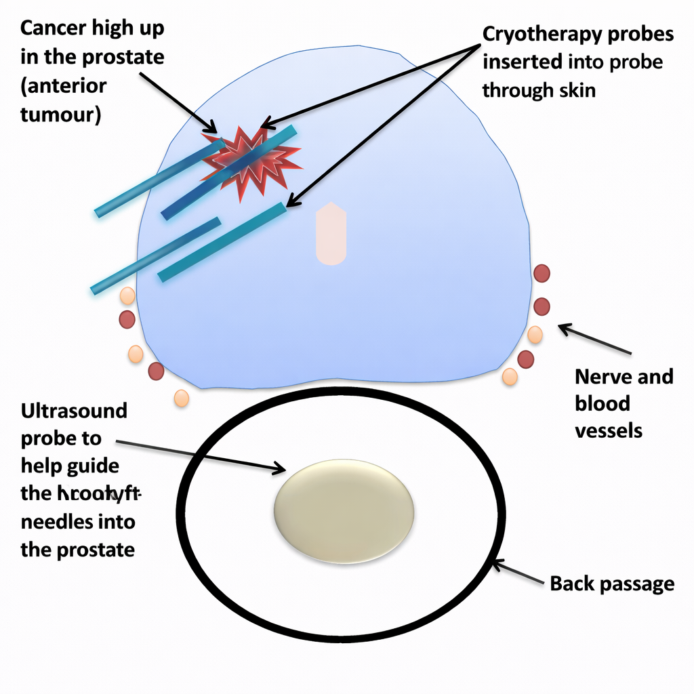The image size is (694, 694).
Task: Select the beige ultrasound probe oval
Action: coord(344,509)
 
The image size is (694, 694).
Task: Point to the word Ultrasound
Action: coord(74,411)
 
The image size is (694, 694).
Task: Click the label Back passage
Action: coord(612,583)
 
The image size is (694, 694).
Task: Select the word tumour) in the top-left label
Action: coord(61,114)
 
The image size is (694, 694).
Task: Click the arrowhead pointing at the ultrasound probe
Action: coord(278,468)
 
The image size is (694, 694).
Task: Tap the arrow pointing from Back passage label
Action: coord(518,573)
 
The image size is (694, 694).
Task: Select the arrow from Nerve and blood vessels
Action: coord(594,340)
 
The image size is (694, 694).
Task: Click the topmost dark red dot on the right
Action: coord(542,273)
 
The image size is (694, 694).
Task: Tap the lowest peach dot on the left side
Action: coord(181,398)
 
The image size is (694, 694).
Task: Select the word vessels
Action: coord(608,430)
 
